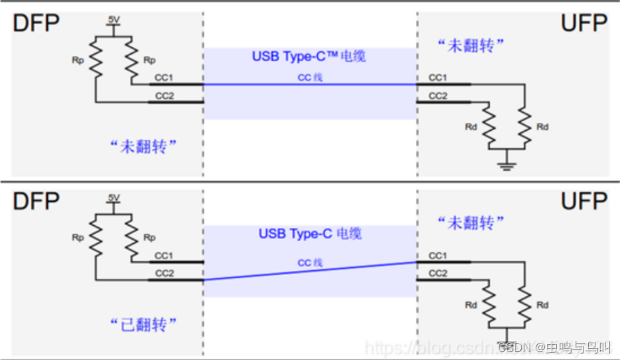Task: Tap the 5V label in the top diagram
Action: coord(114,20)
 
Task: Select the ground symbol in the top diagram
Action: coord(507,164)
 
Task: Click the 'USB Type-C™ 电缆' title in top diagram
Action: coord(309,56)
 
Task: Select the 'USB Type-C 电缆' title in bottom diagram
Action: coord(310,234)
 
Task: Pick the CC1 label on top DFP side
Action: coord(163,78)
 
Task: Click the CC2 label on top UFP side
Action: coord(437,96)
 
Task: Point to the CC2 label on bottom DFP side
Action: coord(163,273)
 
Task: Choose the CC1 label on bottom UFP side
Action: coord(437,255)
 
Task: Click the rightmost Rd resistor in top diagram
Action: coord(525,126)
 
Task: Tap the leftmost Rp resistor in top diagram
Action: coord(96,58)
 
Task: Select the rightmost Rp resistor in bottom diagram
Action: coord(131,237)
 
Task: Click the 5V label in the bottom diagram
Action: coord(114,198)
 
